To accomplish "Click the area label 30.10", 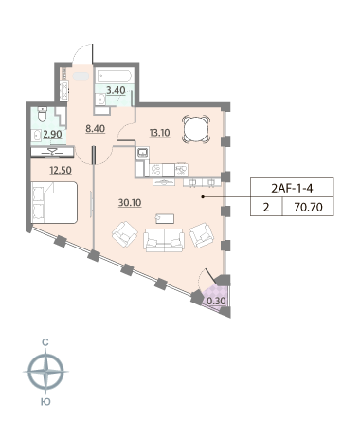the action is (x=130, y=202).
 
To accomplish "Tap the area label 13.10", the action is (x=159, y=133).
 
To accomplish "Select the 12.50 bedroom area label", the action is (x=61, y=170).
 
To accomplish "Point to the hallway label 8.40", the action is (x=96, y=129).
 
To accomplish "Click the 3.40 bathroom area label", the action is (x=116, y=90).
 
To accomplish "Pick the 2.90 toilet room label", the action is (x=52, y=134).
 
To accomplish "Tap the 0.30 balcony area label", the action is (x=216, y=301).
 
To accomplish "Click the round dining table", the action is (x=196, y=129).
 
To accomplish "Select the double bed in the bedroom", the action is (x=54, y=202).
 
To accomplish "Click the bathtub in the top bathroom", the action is (x=114, y=76).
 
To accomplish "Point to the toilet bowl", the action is (x=42, y=115).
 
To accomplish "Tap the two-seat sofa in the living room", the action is (x=164, y=240).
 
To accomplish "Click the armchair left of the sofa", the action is (x=125, y=234).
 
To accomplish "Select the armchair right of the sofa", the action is (x=202, y=235).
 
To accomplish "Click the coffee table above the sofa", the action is (x=165, y=218).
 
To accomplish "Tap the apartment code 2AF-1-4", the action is (x=292, y=189).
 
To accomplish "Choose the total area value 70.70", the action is (x=308, y=207).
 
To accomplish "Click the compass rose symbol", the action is (x=46, y=372).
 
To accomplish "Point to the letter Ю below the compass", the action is (x=46, y=402).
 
